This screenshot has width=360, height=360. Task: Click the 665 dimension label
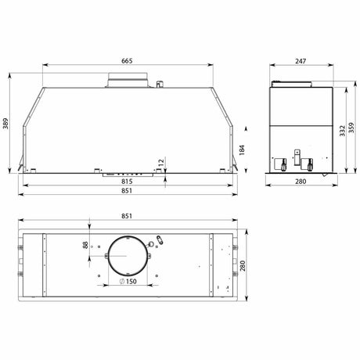tap(127, 61)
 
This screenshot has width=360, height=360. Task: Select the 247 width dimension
tap(301, 61)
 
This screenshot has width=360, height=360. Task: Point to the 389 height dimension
tap(5, 124)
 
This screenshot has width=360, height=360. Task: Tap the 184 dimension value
tap(242, 150)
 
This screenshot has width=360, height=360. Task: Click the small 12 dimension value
tap(161, 163)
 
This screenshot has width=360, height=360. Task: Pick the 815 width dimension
tap(127, 182)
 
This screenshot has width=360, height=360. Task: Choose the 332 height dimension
tap(342, 131)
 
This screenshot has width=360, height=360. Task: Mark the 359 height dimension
tap(351, 128)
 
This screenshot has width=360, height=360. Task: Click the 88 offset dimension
tap(85, 245)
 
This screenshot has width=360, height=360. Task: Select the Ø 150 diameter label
tap(128, 282)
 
